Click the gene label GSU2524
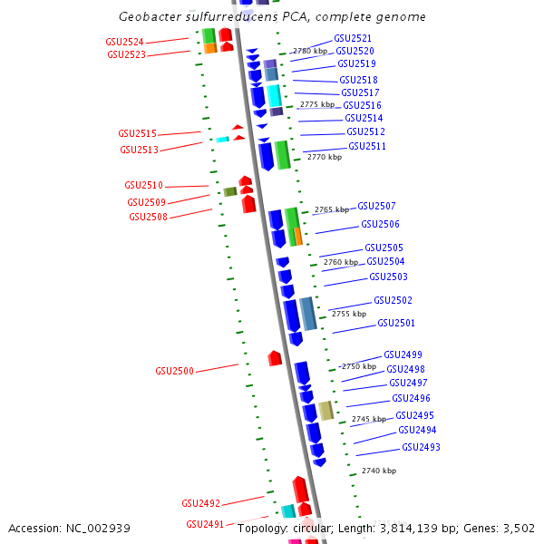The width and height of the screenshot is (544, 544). (125, 42)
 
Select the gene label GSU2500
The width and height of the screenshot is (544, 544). (175, 371)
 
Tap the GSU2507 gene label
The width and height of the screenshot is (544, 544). (376, 206)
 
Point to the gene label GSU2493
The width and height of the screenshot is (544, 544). (421, 447)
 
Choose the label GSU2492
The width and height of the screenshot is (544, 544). (200, 503)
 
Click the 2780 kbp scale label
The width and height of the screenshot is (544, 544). (308, 52)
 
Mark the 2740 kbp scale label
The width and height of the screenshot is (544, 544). (378, 471)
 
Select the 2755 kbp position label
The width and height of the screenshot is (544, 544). (348, 314)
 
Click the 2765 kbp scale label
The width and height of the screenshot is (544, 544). (331, 209)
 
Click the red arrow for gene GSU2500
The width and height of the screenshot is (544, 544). (275, 358)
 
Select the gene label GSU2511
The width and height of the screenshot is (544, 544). (366, 146)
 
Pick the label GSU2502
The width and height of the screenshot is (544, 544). (393, 300)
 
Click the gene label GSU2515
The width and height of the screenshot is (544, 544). (137, 133)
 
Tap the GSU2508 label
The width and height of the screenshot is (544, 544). (147, 217)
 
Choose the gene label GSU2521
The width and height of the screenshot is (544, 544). (353, 38)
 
